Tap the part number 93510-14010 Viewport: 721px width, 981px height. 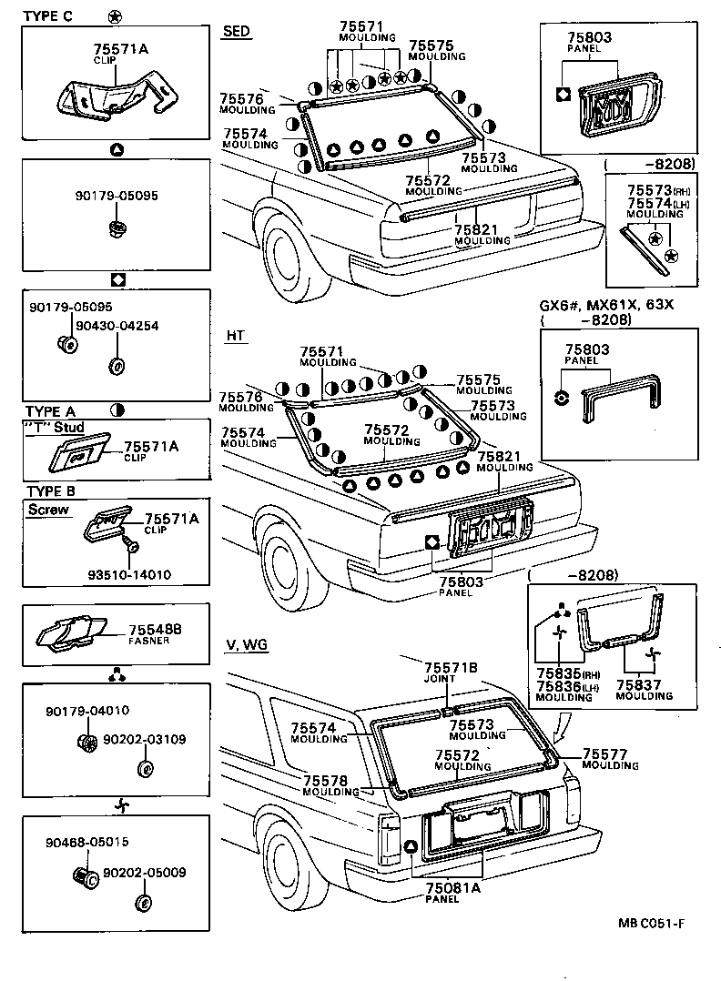tap(130, 574)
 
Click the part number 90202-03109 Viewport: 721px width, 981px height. tap(144, 740)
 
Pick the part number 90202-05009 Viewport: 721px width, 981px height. tap(144, 872)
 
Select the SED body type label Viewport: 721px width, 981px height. tap(236, 31)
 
